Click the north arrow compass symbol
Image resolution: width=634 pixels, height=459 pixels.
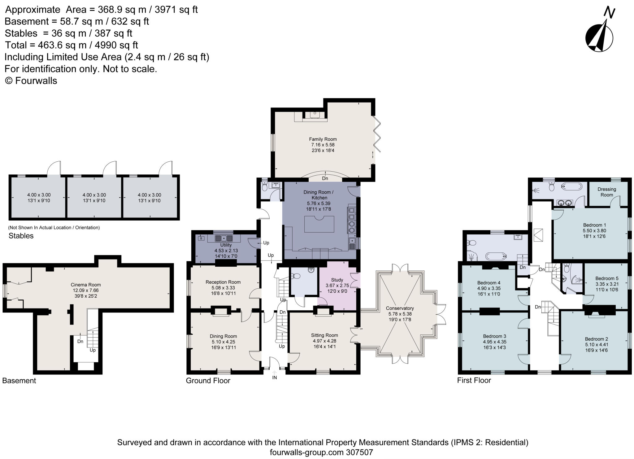coord(599,37)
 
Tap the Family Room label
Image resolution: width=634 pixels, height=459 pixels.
coord(323,139)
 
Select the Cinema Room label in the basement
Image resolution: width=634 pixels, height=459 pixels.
coord(86,285)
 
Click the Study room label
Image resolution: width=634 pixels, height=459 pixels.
coord(337,280)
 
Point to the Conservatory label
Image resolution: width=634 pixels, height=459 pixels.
coord(400,308)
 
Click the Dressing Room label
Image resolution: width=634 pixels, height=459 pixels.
coord(606,192)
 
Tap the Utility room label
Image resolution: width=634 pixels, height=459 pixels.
coord(226,245)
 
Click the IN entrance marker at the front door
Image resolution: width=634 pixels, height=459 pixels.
coord(274,378)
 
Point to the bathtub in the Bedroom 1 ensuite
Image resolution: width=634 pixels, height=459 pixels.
coord(572,187)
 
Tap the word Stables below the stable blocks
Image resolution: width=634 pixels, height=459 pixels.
coord(21,236)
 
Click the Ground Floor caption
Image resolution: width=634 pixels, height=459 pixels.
coord(208,381)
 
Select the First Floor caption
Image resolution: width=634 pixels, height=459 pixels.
coord(474,380)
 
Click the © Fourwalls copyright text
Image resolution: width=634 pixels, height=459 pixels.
coord(31,81)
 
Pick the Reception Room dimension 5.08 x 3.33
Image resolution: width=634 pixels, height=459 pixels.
coord(223,288)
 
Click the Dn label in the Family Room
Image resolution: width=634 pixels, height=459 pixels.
coord(325,178)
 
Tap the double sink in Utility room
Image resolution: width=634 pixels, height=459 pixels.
coord(224,238)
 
